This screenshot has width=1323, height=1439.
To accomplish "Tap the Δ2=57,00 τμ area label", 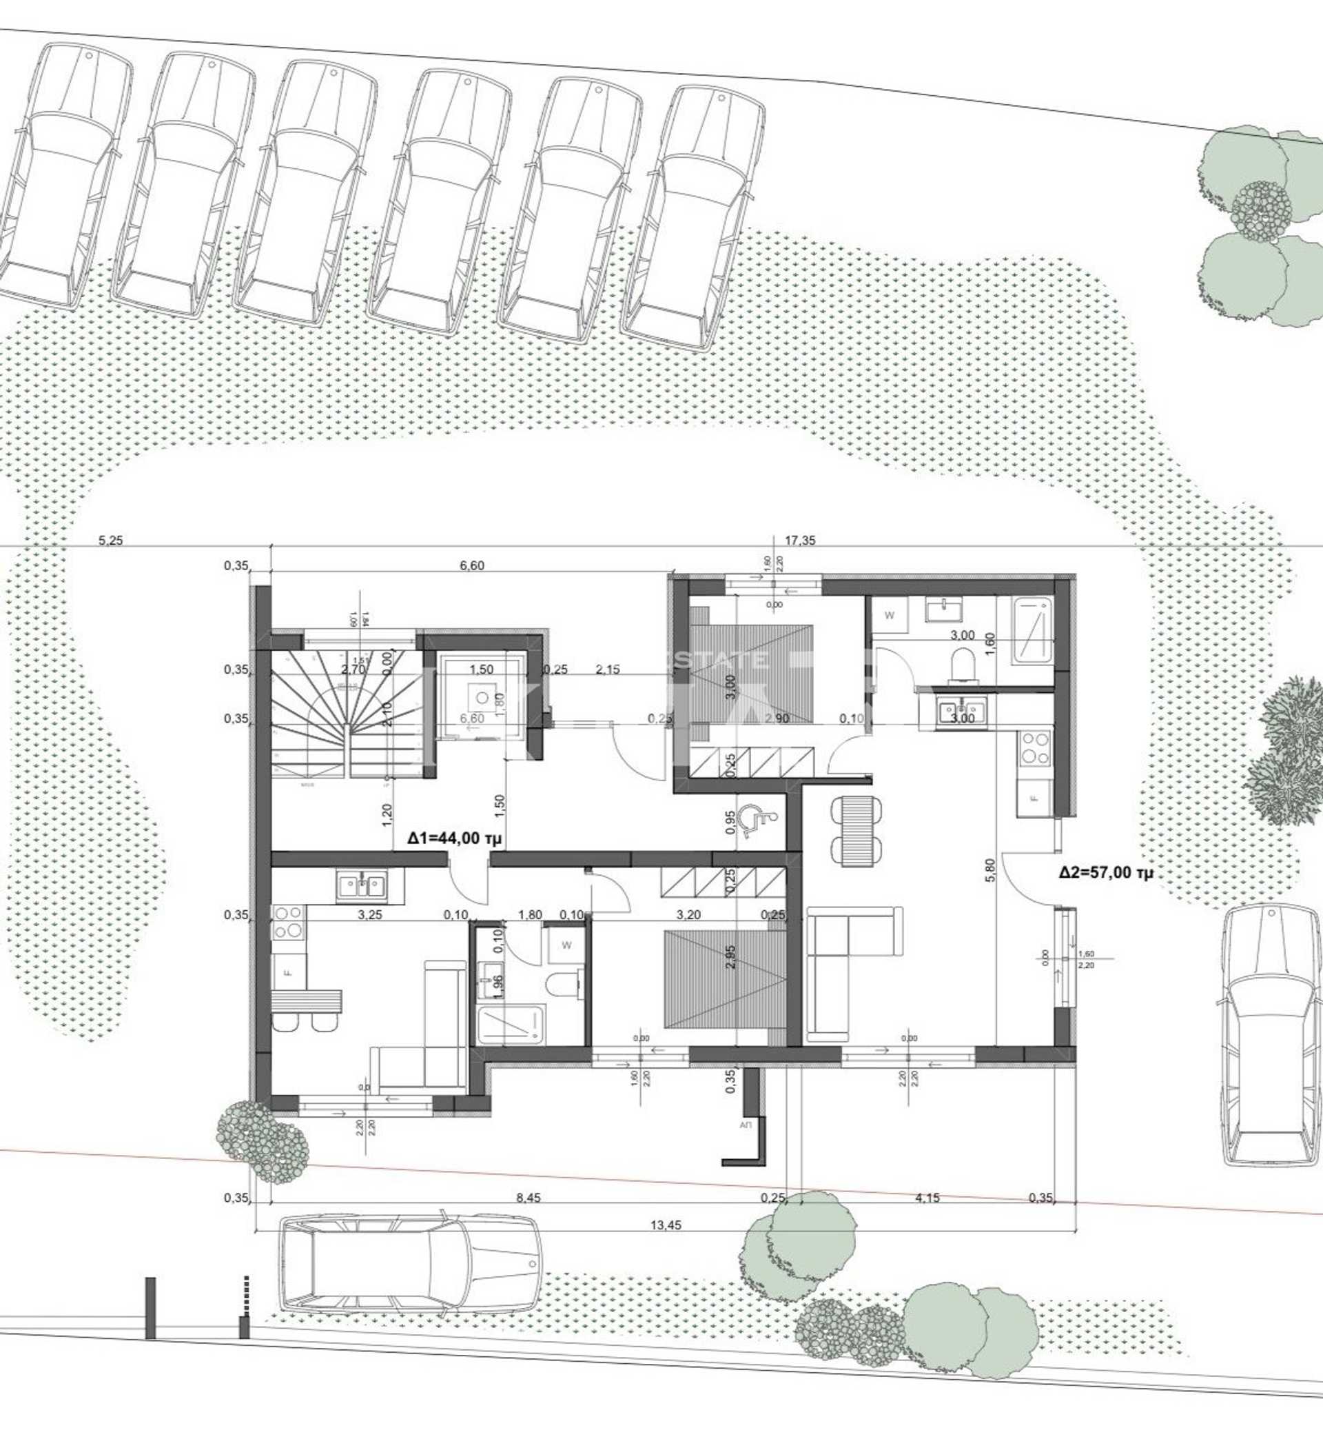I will tap(1106, 872).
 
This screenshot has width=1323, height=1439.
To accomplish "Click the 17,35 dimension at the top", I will tap(800, 541).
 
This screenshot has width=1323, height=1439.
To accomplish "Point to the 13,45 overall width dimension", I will tap(666, 1225).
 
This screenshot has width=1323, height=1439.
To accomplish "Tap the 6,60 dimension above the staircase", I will tap(472, 565).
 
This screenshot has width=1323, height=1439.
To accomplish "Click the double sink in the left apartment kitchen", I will tap(362, 886).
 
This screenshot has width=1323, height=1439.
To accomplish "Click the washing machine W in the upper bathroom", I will tap(890, 615).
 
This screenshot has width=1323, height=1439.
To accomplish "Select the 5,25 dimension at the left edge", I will tap(111, 541).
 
